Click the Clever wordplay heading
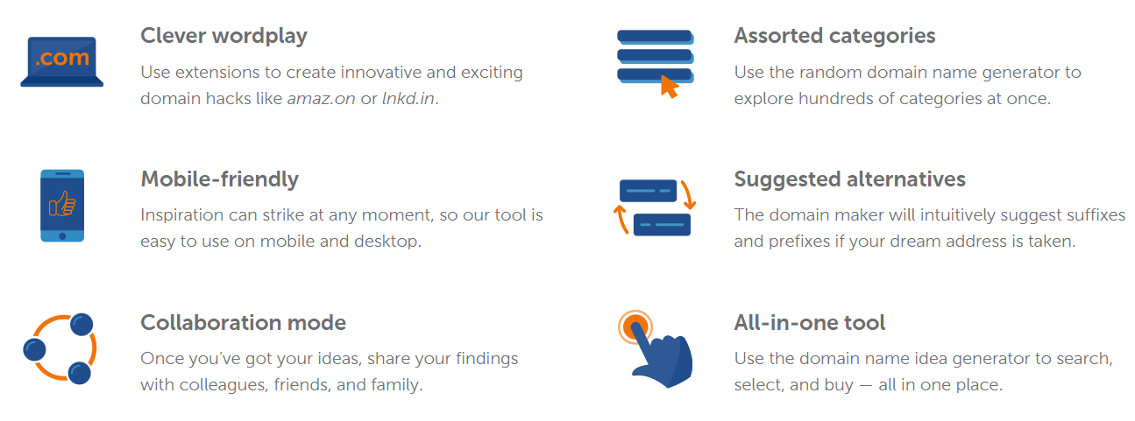tap(224, 37)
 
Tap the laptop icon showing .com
tap(62, 61)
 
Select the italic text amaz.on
tap(322, 99)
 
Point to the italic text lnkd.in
tap(408, 98)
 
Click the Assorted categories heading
tap(834, 37)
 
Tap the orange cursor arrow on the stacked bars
tap(670, 87)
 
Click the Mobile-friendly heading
tap(220, 179)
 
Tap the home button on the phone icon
tap(62, 236)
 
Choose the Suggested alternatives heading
tap(850, 179)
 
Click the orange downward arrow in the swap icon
tap(689, 195)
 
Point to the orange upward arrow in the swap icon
tap(621, 219)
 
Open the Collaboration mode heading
tap(244, 323)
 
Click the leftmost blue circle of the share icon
tap(34, 349)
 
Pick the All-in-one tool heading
tap(810, 323)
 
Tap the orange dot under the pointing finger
tap(634, 326)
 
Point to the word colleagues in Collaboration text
tap(223, 386)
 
